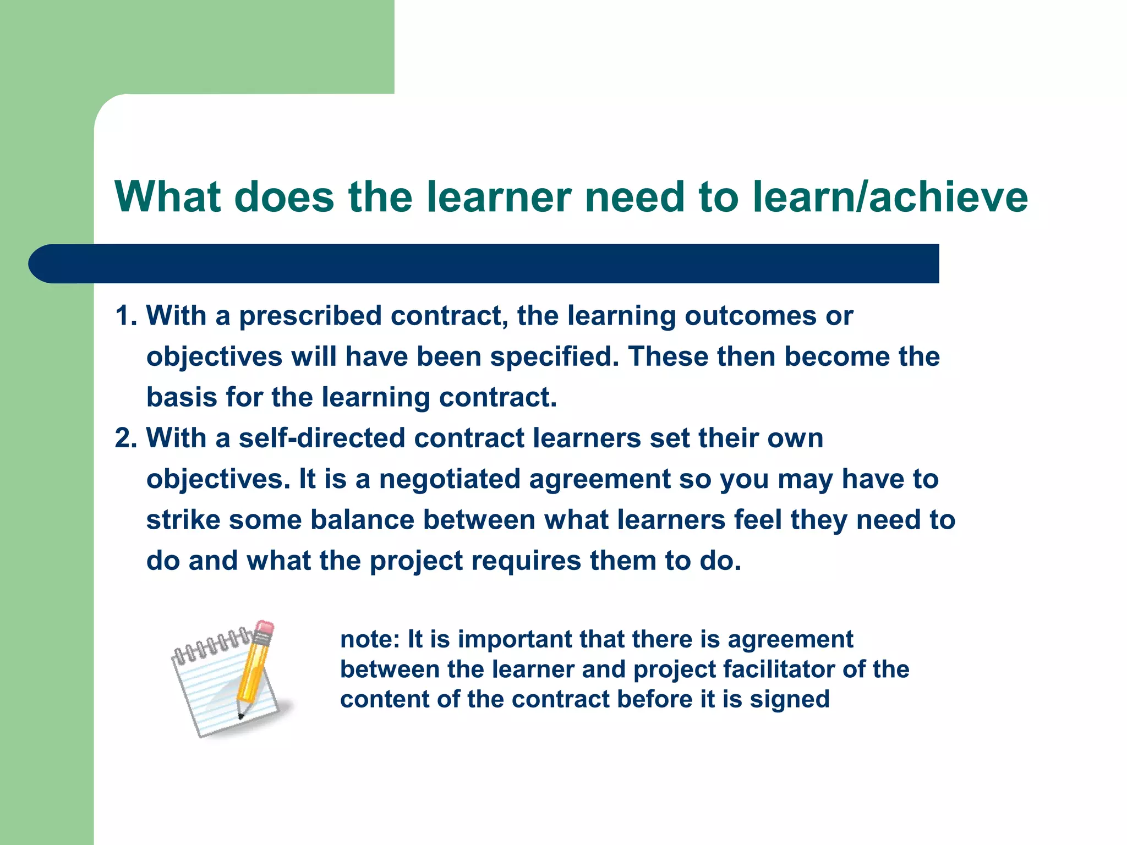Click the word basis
coord(182,397)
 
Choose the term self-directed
coord(322,438)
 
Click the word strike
coord(183,520)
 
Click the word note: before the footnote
coord(370,639)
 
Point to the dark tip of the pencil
coord(240,716)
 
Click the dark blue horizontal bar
coord(484,264)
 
